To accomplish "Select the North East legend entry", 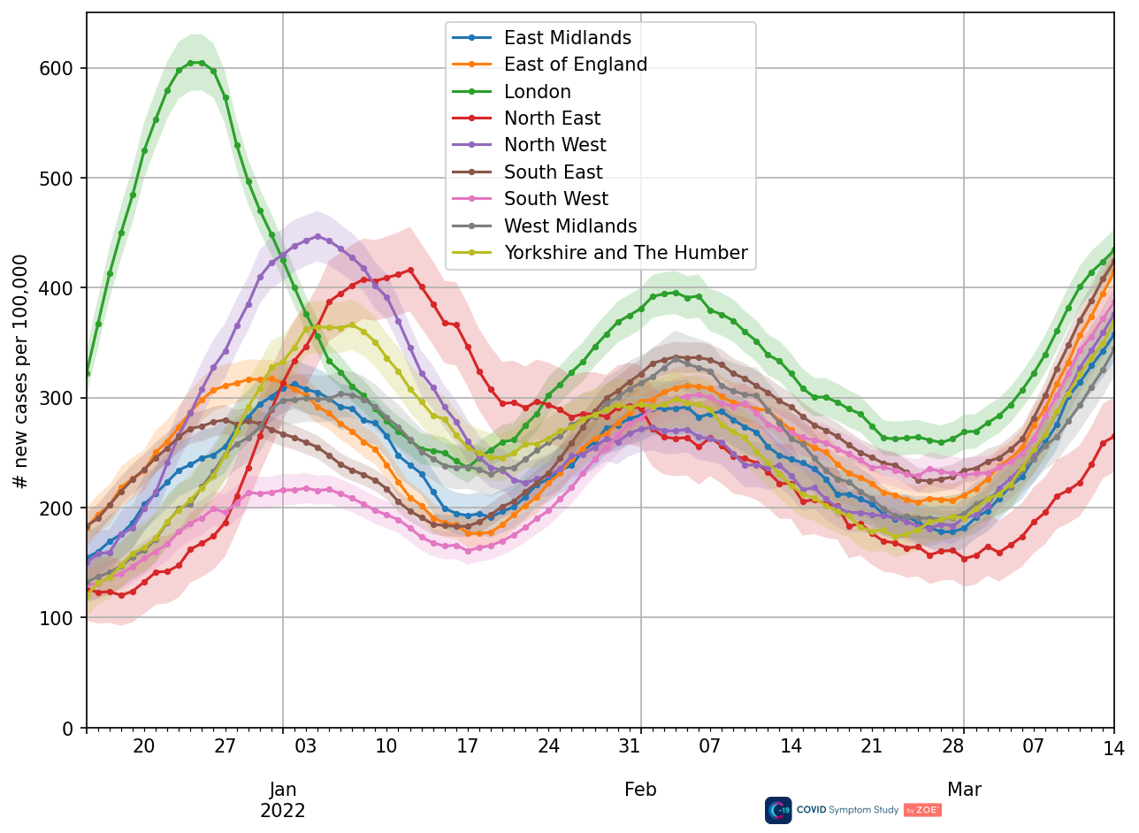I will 552,118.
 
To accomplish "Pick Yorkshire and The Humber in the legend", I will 625,254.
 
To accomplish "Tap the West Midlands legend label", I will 570,226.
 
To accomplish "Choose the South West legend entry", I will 555,200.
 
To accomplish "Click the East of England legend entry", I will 575,65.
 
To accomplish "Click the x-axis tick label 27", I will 226,747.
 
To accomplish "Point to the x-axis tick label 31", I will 630,747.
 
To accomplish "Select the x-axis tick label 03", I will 306,747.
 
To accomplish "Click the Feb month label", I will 640,790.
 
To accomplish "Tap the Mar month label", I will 964,790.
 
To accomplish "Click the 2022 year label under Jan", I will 283,811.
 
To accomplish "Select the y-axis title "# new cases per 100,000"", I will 21,371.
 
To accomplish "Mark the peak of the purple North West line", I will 317,236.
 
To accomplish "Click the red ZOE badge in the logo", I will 921,810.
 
